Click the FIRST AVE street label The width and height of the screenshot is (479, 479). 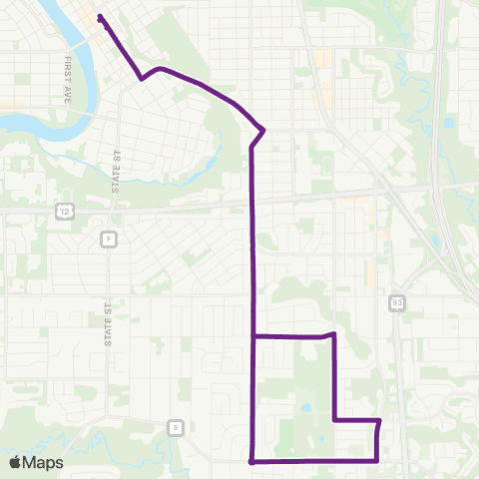click(69, 75)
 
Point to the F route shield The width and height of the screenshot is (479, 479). click(108, 239)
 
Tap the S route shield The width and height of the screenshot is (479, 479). click(176, 428)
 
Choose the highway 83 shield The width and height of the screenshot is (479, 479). click(396, 300)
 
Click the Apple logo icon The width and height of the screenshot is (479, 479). click(15, 462)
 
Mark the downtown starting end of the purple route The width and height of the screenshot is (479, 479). click(101, 16)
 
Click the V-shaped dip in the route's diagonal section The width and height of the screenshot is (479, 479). click(144, 78)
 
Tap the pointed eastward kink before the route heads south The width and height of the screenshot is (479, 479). click(263, 129)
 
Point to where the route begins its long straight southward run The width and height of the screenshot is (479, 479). click(250, 148)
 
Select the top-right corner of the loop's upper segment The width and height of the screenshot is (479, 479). click(332, 336)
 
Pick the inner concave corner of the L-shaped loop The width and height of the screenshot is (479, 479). click(333, 420)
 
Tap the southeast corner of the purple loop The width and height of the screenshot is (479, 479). click(376, 460)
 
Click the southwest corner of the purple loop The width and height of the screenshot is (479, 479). click(251, 461)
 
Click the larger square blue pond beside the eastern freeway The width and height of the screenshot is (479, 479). click(450, 123)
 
